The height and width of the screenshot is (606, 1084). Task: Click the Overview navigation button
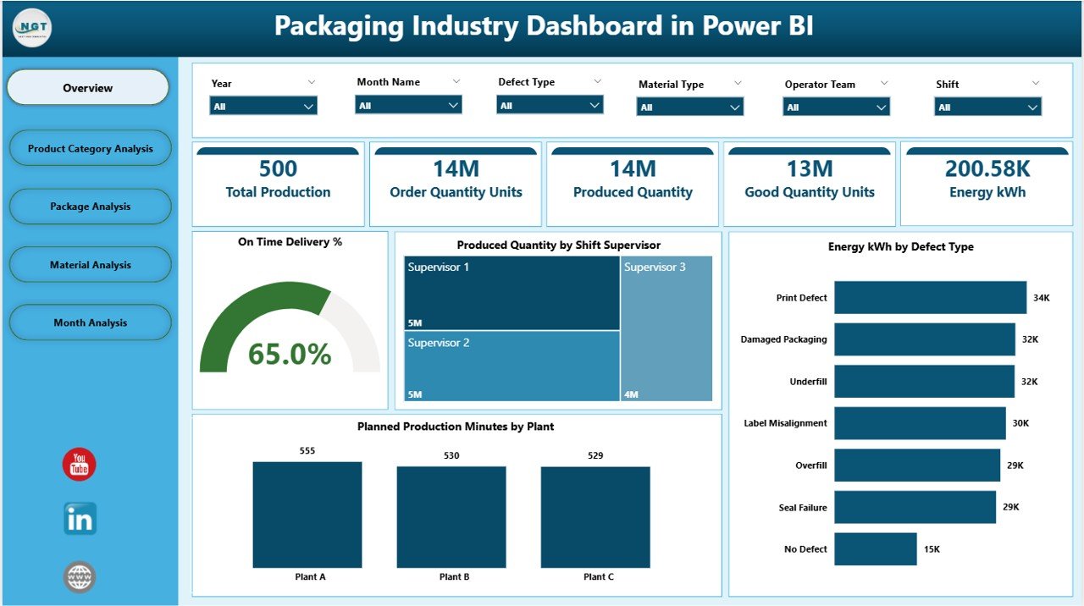point(88,88)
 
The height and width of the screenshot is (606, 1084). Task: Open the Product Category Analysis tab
point(90,149)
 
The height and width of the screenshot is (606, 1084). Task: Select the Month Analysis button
point(90,323)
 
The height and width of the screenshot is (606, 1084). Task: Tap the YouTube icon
point(80,465)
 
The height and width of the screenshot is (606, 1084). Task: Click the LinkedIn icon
point(80,519)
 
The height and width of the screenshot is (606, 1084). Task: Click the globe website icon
point(80,577)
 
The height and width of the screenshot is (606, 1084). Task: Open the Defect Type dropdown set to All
point(550,106)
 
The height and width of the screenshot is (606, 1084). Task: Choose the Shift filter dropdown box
point(987,107)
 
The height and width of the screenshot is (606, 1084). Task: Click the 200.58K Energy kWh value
point(987,169)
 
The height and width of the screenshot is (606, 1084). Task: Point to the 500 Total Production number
point(278,169)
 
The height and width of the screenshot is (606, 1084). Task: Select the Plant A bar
point(307,515)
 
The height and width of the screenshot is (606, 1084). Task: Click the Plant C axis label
point(599,577)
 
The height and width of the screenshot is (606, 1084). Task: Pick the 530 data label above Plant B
point(451,456)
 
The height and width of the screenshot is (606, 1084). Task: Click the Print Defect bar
point(930,298)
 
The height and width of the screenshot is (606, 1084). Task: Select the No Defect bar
point(875,548)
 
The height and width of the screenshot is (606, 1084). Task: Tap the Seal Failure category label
point(803,508)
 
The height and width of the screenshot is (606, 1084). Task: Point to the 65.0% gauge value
point(290,355)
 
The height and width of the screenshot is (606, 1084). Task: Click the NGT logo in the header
point(32,29)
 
